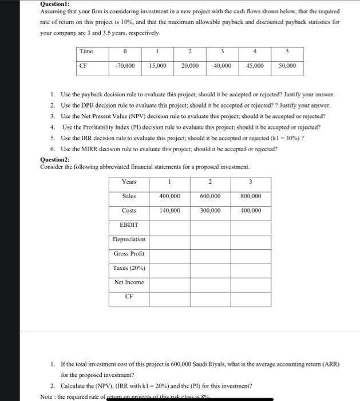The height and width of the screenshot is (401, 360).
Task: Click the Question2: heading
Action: coord(55,159)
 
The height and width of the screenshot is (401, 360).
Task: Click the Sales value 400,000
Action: coord(169,196)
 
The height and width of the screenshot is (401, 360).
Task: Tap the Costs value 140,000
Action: coord(169,211)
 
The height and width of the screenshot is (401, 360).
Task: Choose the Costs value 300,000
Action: coord(210,211)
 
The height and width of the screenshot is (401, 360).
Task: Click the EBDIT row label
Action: coord(129,225)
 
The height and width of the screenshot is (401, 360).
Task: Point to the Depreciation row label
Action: coord(129,239)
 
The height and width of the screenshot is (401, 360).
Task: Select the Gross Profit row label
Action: coord(129,254)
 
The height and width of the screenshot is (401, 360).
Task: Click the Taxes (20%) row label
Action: coord(129,268)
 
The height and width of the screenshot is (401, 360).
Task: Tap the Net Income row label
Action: coord(129,282)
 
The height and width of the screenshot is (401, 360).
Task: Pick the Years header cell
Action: coord(129,182)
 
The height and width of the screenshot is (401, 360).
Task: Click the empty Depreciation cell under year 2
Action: coord(210,239)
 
